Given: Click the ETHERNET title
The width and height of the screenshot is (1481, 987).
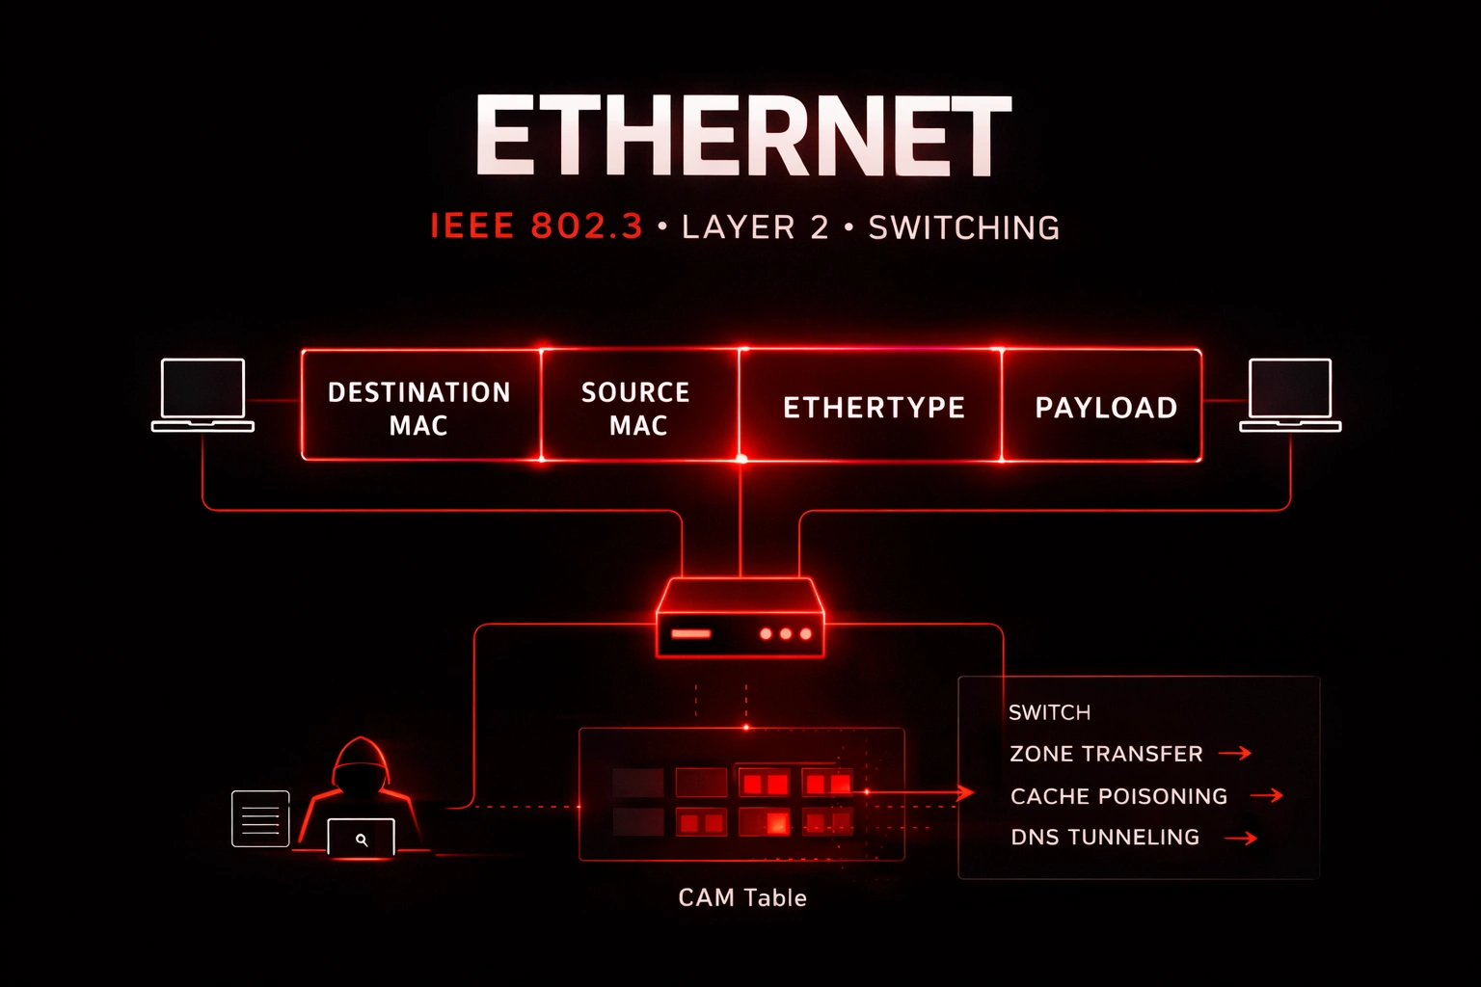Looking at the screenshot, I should pyautogui.click(x=742, y=136).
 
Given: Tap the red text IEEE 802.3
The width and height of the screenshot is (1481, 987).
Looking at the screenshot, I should pyautogui.click(x=536, y=227).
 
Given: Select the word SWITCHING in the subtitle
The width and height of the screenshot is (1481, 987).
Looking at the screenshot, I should pyautogui.click(x=963, y=227).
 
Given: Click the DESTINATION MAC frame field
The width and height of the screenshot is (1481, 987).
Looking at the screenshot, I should pyautogui.click(x=419, y=407).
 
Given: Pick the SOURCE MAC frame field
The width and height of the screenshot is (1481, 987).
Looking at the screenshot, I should pyautogui.click(x=637, y=407).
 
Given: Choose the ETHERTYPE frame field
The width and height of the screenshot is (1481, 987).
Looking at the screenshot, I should pyautogui.click(x=874, y=408).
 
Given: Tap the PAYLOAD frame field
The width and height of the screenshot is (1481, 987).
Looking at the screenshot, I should pyautogui.click(x=1105, y=408).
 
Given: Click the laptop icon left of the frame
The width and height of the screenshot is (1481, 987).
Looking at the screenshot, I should pyautogui.click(x=202, y=394).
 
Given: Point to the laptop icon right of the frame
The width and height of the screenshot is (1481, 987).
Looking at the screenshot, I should pyautogui.click(x=1290, y=394).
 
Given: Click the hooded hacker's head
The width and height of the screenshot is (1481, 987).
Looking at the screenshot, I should pyautogui.click(x=360, y=766).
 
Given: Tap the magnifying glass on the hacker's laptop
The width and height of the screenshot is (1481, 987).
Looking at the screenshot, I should pyautogui.click(x=362, y=840).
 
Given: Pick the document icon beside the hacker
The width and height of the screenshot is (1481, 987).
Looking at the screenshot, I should pyautogui.click(x=260, y=818).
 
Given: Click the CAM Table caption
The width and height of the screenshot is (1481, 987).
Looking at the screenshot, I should pyautogui.click(x=741, y=897).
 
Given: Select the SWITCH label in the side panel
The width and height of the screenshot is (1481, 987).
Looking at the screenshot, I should pyautogui.click(x=1049, y=712).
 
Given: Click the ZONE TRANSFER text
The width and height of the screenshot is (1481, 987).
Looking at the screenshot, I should pyautogui.click(x=1106, y=754).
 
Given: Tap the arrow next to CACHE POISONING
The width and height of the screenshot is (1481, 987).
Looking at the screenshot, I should pyautogui.click(x=1267, y=795).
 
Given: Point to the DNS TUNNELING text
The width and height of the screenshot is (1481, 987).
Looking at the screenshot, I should pyautogui.click(x=1105, y=837).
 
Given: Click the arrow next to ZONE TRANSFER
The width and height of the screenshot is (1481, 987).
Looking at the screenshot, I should pyautogui.click(x=1235, y=753).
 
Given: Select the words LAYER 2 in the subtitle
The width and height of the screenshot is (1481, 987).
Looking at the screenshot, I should pyautogui.click(x=755, y=227).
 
